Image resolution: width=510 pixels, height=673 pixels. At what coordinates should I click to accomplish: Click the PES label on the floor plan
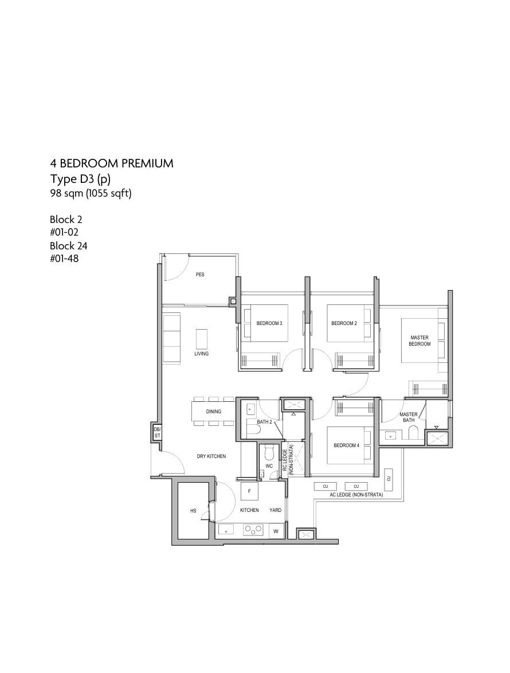[x=200, y=275]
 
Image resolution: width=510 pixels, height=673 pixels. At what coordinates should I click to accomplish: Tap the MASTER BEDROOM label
[x=419, y=341]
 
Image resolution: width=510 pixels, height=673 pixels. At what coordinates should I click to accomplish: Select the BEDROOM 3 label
[x=269, y=323]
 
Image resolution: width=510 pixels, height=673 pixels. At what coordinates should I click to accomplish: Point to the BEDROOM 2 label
[x=344, y=323]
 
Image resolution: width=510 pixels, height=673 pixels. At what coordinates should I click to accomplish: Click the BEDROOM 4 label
[x=346, y=445]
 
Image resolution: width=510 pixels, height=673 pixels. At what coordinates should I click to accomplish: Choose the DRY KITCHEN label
[x=211, y=456]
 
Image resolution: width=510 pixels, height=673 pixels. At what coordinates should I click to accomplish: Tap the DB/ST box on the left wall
[x=157, y=433]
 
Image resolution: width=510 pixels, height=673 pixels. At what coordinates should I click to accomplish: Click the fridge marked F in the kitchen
[x=249, y=491]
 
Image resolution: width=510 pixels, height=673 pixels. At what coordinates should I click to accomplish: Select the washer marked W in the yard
[x=276, y=531]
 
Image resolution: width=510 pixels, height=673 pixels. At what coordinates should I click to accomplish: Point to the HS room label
[x=193, y=511]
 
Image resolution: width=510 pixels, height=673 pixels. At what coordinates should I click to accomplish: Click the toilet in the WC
[x=269, y=453]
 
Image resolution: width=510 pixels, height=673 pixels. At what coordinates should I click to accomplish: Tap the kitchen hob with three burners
[x=253, y=530]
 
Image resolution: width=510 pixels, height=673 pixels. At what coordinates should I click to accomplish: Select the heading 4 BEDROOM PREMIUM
[x=112, y=163]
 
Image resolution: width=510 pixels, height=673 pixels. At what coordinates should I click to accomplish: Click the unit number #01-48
[x=64, y=259]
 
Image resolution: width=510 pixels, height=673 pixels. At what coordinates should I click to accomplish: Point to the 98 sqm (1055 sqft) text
[x=91, y=194]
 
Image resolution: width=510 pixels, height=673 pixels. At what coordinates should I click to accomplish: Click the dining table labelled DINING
[x=214, y=412]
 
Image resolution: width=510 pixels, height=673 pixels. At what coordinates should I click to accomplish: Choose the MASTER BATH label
[x=409, y=417]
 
